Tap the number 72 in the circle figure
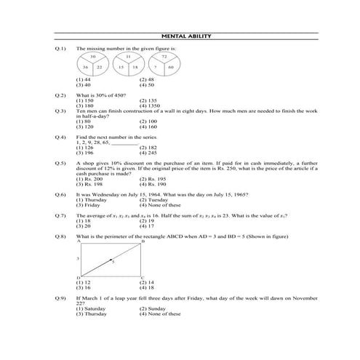[164, 57]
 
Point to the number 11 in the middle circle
[128, 57]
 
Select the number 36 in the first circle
[85, 67]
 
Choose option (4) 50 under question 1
[147, 85]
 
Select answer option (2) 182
[148, 148]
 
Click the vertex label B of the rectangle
[142, 241]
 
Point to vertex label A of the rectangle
[78, 241]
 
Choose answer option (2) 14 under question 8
[147, 282]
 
